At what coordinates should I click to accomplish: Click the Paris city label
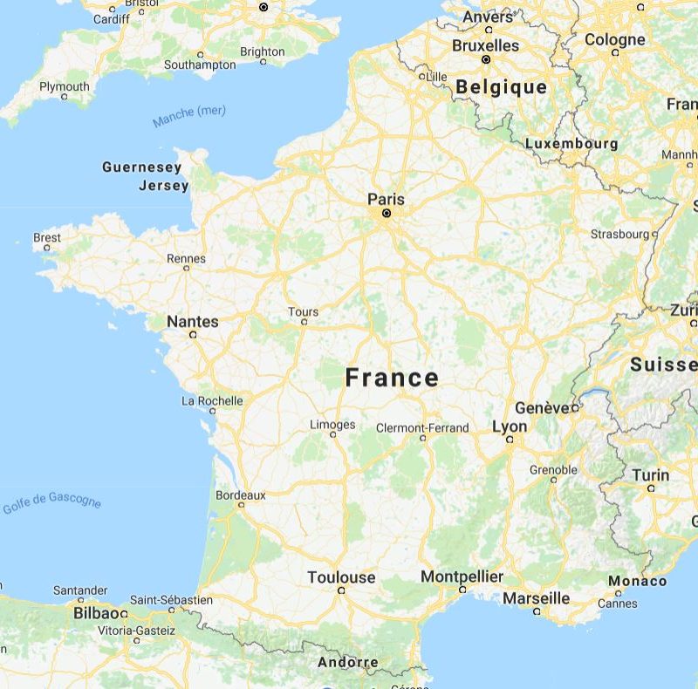click(386, 198)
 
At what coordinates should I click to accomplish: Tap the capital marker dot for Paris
click(386, 213)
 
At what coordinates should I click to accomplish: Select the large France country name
click(392, 378)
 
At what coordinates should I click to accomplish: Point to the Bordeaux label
click(241, 495)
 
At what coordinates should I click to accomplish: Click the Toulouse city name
click(341, 576)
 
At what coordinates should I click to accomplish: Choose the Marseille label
click(536, 598)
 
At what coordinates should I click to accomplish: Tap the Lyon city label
click(510, 426)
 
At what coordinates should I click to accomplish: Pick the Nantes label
click(193, 321)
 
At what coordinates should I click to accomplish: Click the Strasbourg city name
click(619, 234)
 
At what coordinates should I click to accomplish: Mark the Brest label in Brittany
click(47, 237)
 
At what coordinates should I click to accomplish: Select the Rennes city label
click(186, 258)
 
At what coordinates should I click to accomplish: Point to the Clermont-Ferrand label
click(422, 428)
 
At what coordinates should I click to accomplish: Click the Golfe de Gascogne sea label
click(52, 504)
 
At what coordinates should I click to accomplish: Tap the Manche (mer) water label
click(189, 116)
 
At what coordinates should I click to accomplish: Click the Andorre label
click(348, 662)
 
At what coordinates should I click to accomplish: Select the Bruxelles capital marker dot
click(486, 59)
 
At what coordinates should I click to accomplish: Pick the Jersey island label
click(163, 186)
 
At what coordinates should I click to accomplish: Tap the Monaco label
click(637, 581)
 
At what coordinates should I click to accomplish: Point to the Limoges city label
click(332, 425)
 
